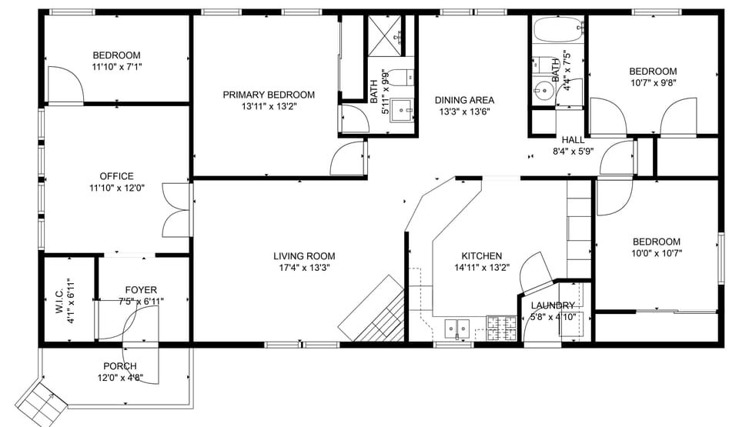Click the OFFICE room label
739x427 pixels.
click(x=116, y=176)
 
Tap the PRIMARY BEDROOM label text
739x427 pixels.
click(x=269, y=95)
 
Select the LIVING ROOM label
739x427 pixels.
click(x=304, y=256)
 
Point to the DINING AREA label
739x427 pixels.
click(x=464, y=100)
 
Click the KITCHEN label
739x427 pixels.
click(x=481, y=256)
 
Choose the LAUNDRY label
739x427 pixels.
click(x=553, y=305)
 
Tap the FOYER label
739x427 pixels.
click(x=141, y=290)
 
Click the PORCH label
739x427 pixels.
click(x=119, y=365)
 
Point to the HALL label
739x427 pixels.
click(x=573, y=140)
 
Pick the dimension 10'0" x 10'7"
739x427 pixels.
click(x=656, y=252)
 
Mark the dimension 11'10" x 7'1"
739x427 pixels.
click(x=116, y=67)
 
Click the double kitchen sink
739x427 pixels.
click(x=457, y=329)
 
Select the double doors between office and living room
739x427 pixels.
click(x=176, y=209)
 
